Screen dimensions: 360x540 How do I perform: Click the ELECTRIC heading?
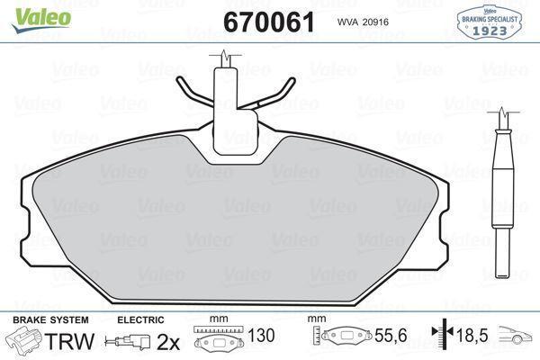(x=140, y=319)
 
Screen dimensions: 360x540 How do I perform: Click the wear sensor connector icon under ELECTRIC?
(x=125, y=341)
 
